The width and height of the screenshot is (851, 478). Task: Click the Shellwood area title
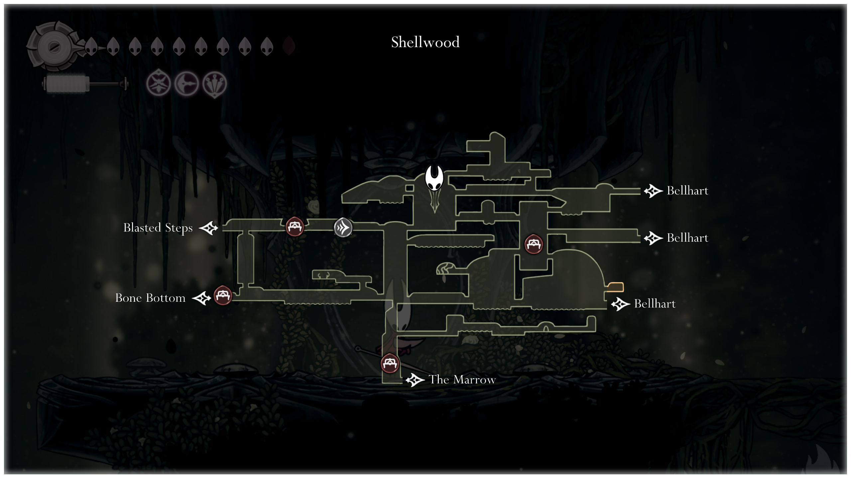[x=425, y=42]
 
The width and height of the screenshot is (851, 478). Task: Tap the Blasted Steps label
[x=158, y=228]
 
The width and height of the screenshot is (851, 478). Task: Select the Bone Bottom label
[x=150, y=298]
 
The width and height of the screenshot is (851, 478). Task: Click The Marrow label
[x=462, y=379]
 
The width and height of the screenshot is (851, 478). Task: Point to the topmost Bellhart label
[x=687, y=191]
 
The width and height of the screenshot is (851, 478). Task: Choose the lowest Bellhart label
[x=655, y=304]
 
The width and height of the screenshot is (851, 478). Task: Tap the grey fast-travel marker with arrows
[x=343, y=228]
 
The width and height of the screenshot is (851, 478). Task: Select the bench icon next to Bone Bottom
[x=222, y=295]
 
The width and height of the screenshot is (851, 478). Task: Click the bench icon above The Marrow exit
[x=389, y=363]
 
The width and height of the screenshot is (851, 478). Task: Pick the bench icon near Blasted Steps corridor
[x=295, y=227]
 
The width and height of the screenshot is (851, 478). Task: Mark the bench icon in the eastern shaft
[x=534, y=244]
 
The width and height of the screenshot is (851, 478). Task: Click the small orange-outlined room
[x=615, y=287]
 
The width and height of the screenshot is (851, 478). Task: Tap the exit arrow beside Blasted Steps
[x=208, y=228]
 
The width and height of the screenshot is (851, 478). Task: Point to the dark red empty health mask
[x=289, y=46]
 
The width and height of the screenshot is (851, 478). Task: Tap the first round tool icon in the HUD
[x=158, y=83]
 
